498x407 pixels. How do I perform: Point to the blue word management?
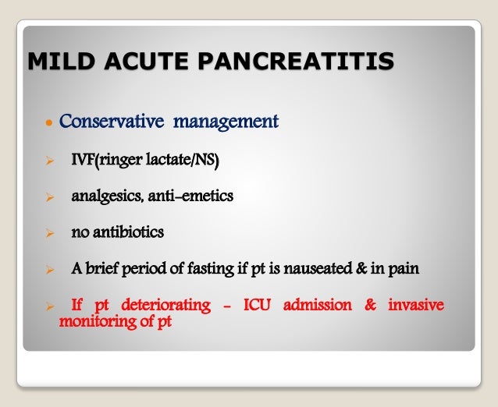coord(226,122)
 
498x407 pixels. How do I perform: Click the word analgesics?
coord(106,196)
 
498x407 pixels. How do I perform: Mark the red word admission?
coord(319,305)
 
